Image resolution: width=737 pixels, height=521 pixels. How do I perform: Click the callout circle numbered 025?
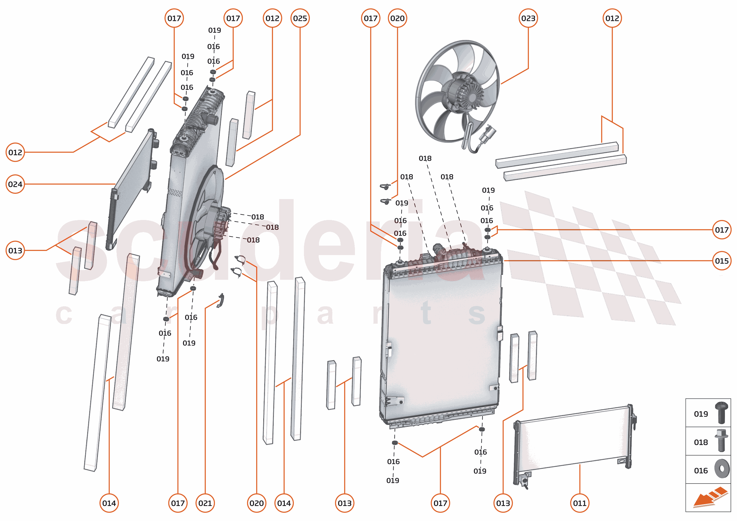click(x=300, y=18)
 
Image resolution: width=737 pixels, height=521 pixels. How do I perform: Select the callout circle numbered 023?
click(x=528, y=18)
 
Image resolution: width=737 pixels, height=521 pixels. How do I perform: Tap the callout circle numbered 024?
click(x=15, y=184)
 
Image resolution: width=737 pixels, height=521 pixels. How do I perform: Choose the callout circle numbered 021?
click(x=205, y=503)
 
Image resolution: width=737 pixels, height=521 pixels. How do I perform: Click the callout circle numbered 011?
click(x=579, y=503)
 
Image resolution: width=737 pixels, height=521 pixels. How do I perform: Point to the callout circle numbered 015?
click(x=722, y=261)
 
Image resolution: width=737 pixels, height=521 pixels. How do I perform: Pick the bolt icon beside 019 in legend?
click(x=721, y=413)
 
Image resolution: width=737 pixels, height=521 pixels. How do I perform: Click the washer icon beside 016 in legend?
click(x=722, y=469)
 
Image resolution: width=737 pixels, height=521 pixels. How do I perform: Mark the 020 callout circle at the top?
click(x=397, y=18)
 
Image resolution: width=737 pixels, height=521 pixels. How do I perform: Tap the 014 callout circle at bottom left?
click(x=109, y=503)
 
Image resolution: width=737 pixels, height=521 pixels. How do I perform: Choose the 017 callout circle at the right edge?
click(x=722, y=230)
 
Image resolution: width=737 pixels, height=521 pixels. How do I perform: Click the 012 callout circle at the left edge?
click(x=15, y=152)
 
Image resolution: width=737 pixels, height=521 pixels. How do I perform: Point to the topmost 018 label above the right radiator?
click(x=425, y=158)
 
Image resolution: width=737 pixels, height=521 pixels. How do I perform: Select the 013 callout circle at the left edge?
click(x=15, y=250)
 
